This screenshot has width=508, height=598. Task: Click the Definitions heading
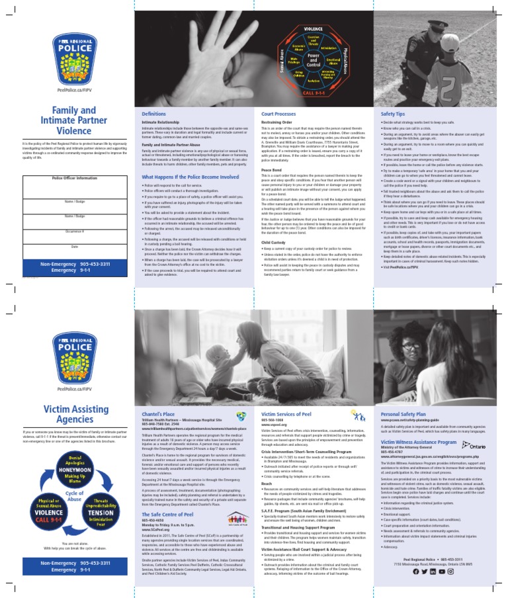pos(153,114)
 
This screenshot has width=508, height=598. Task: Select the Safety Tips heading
pos(393,114)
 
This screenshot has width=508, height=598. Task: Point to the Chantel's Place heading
pos(154,415)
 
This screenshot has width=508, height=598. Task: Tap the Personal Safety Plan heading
pos(403,415)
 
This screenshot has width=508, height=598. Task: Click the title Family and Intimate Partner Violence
pos(65,121)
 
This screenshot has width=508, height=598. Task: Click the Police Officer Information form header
pos(65,178)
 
